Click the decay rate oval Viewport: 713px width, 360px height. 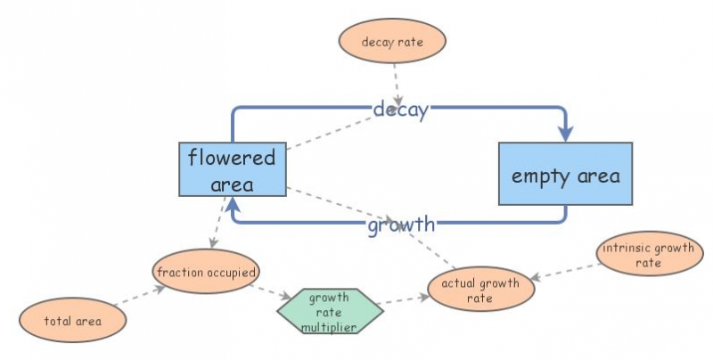(x=392, y=42)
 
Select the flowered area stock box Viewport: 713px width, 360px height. (x=232, y=169)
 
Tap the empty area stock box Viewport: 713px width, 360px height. (x=565, y=175)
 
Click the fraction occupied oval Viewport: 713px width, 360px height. (x=206, y=271)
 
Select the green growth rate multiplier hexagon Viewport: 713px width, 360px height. (x=329, y=311)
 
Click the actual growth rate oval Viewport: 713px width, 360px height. (x=481, y=290)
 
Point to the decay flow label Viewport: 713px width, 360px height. (x=401, y=110)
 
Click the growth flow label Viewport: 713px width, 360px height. (x=401, y=224)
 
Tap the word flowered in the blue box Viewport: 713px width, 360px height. (x=232, y=158)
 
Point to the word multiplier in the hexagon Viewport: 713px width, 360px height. (x=329, y=327)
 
